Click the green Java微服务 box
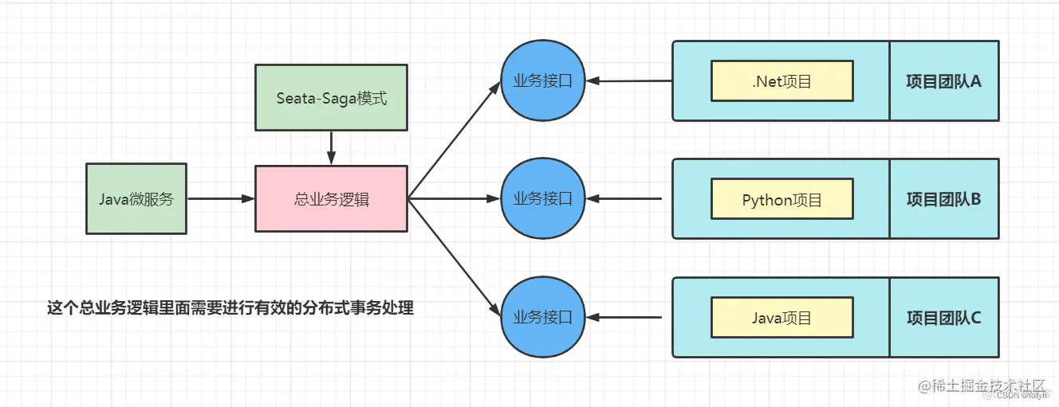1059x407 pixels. pos(136,199)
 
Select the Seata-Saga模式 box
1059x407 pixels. pos(331,99)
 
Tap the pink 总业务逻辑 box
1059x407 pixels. pos(331,199)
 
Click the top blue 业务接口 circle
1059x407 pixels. pos(543,80)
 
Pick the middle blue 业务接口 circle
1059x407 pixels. pos(543,199)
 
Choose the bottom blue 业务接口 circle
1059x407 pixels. pos(543,318)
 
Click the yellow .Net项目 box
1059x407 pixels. pos(781,81)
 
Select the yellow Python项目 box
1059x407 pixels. pos(781,200)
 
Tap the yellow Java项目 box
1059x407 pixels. pos(781,318)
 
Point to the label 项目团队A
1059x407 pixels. pos(943,81)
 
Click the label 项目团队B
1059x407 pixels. pos(943,199)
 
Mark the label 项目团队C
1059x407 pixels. pos(943,318)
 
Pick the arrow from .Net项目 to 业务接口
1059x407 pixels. pos(629,80)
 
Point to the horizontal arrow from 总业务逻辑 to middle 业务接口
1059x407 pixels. pos(455,199)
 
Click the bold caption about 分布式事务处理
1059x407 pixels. pos(230,308)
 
